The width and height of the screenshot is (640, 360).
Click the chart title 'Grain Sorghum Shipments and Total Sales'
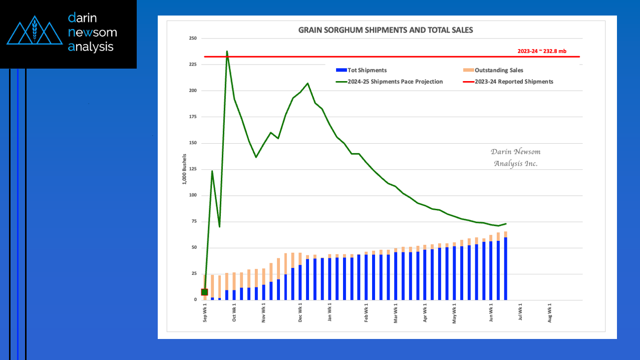[386, 30]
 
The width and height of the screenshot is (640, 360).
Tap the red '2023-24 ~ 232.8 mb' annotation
[542, 51]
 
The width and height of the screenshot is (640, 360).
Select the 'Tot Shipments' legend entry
[362, 70]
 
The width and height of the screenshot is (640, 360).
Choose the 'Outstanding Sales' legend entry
[493, 70]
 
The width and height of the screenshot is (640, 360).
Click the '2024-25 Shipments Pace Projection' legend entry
[390, 82]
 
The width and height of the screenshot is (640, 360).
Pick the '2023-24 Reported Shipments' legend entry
[508, 82]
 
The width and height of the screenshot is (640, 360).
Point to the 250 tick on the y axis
[193, 38]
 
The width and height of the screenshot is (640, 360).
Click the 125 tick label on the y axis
[193, 169]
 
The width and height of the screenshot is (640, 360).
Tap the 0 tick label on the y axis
[195, 299]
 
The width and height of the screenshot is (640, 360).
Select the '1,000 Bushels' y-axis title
[184, 169]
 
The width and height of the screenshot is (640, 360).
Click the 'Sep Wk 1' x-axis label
[205, 313]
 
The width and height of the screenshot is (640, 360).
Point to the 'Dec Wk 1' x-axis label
[300, 313]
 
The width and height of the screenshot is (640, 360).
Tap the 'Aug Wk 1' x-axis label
[550, 313]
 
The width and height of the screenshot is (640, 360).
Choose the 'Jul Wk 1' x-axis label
[520, 312]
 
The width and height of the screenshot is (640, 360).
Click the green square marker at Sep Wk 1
[205, 292]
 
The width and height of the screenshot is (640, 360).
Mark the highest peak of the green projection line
[227, 52]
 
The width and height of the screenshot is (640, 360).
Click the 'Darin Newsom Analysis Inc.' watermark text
[516, 157]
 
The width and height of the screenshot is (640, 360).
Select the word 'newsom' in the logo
[93, 32]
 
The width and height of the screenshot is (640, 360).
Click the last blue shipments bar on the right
[505, 268]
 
